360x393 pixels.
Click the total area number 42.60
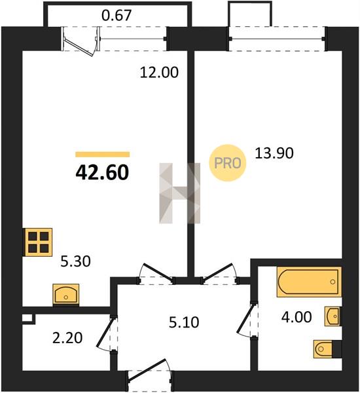tap(102, 173)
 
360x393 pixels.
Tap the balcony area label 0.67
tap(117, 15)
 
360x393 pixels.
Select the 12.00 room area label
tap(159, 73)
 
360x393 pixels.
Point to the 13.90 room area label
tap(274, 153)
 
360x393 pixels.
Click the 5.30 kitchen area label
tap(76, 261)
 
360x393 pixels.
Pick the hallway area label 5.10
tap(184, 322)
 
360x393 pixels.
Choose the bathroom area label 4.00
tap(297, 317)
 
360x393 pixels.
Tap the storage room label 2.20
tap(67, 338)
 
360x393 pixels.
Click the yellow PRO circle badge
tap(228, 163)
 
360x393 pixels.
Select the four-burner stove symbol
tap(38, 242)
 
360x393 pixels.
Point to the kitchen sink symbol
tap(66, 295)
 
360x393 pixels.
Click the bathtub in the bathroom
tap(309, 282)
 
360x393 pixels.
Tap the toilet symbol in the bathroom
tap(327, 348)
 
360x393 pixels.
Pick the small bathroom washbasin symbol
tap(333, 316)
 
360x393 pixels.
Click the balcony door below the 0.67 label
tap(81, 41)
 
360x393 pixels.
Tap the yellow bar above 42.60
tap(103, 155)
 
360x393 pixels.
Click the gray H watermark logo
tap(180, 193)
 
